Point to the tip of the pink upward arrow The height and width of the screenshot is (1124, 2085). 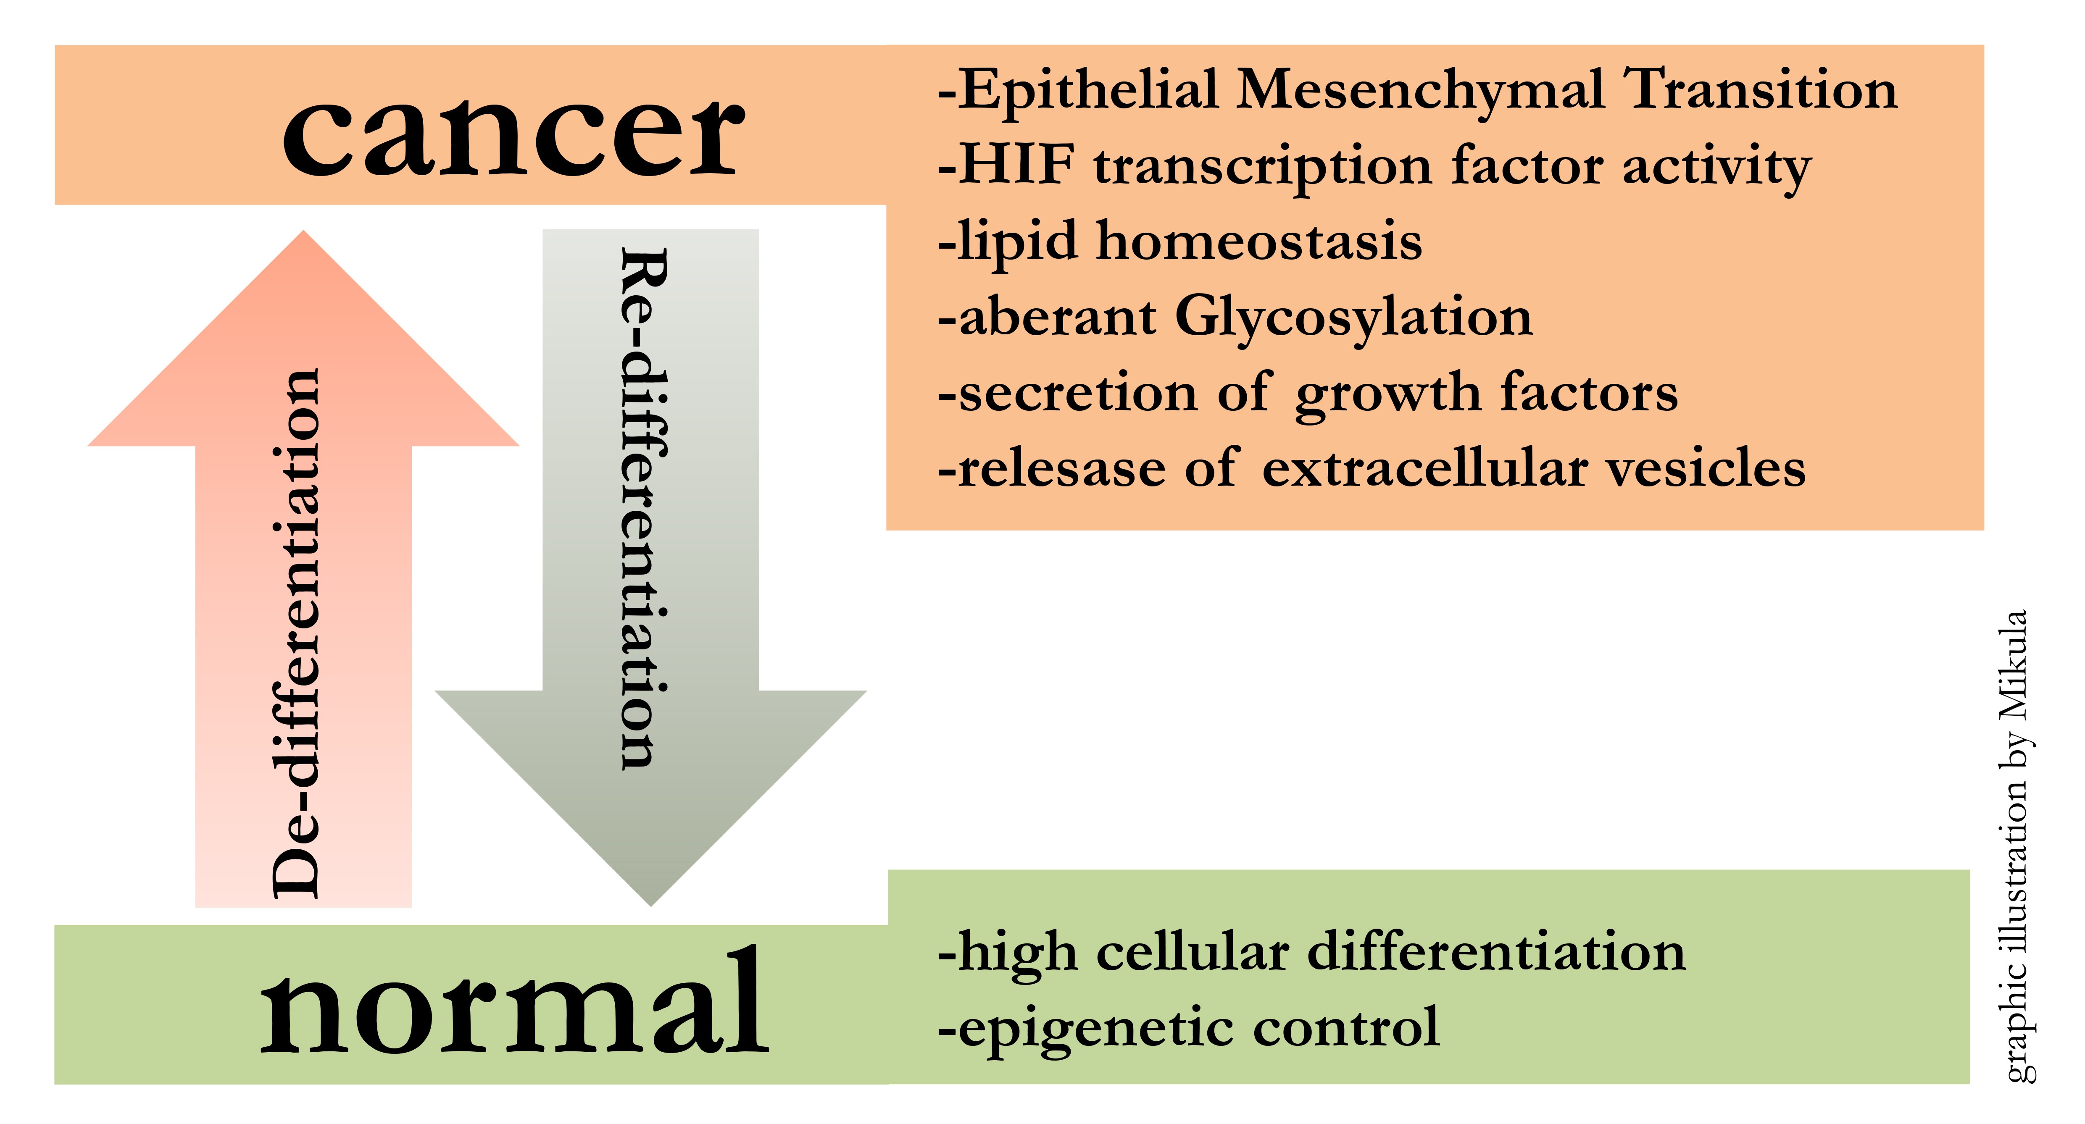coord(303,231)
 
